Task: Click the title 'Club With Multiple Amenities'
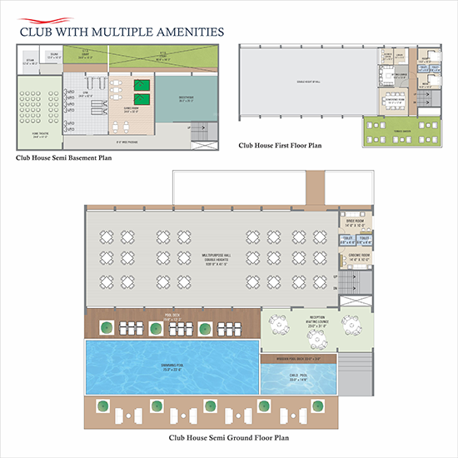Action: [122, 32]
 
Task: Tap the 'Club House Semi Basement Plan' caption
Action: [64, 157]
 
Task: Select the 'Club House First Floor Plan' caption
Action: [279, 145]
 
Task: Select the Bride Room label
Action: [355, 222]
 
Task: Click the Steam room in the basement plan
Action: [30, 61]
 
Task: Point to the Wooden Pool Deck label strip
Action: [307, 358]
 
